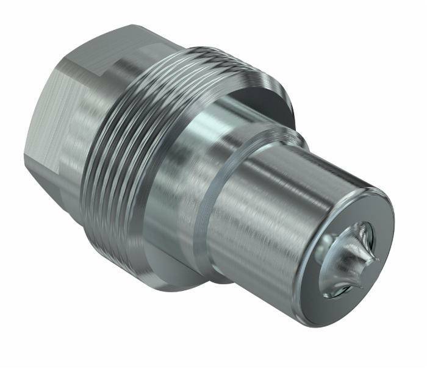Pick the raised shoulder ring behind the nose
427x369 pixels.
[207, 201]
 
